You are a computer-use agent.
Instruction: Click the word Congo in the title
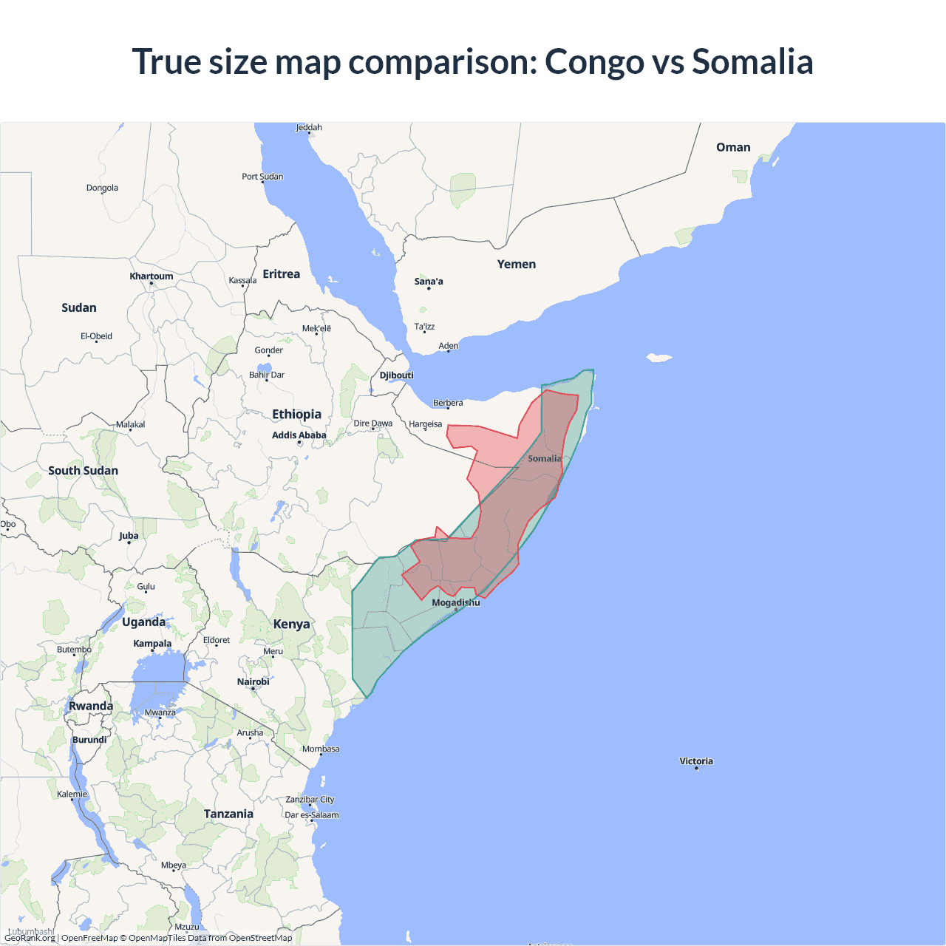594,62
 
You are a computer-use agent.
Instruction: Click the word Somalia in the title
752,62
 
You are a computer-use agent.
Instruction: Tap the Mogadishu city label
456,602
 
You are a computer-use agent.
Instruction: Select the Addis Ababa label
299,435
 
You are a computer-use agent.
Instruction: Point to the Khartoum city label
152,276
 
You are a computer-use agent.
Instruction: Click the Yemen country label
516,264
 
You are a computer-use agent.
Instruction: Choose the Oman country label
733,147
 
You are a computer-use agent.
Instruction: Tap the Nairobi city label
253,681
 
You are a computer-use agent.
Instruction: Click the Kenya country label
291,624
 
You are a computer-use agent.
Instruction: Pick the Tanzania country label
228,814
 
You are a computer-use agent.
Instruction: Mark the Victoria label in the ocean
696,760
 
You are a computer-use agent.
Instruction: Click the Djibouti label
397,375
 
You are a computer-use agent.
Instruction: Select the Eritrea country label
282,274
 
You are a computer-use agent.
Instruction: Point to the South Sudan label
83,471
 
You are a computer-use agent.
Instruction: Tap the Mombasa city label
321,749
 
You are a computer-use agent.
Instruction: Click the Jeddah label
309,127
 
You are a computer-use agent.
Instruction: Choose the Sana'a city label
429,281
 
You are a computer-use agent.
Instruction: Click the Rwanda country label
91,706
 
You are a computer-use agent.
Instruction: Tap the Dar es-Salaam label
312,815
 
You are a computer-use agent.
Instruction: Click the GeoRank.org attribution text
30,938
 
